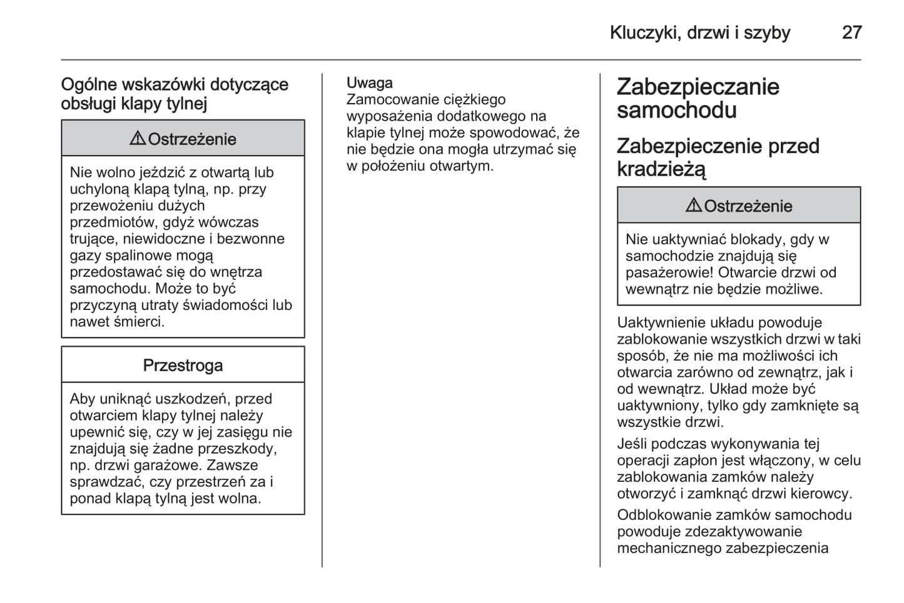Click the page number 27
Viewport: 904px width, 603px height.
851,32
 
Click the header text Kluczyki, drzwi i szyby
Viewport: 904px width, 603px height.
699,32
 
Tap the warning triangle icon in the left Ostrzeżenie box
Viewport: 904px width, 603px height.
137,138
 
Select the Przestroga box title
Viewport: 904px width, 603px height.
183,365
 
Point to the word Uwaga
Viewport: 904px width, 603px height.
370,83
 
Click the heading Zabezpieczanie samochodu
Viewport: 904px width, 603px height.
698,98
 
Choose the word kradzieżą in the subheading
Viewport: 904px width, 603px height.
661,169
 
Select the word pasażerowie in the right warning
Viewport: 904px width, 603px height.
668,272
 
